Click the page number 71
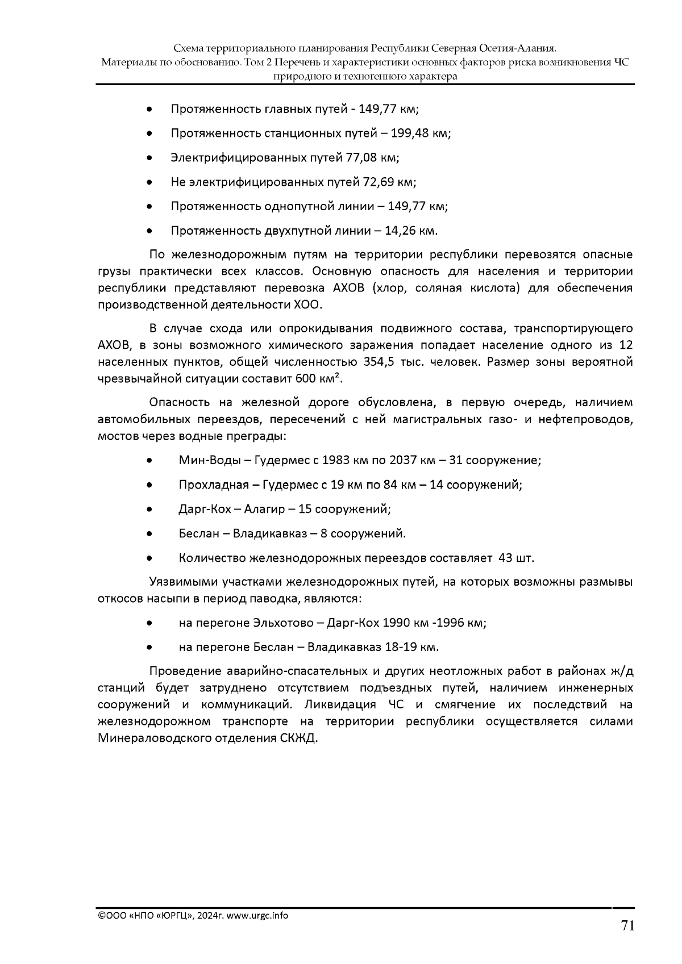pos(627,926)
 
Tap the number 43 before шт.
pos(505,558)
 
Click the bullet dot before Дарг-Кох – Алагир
pos(149,510)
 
